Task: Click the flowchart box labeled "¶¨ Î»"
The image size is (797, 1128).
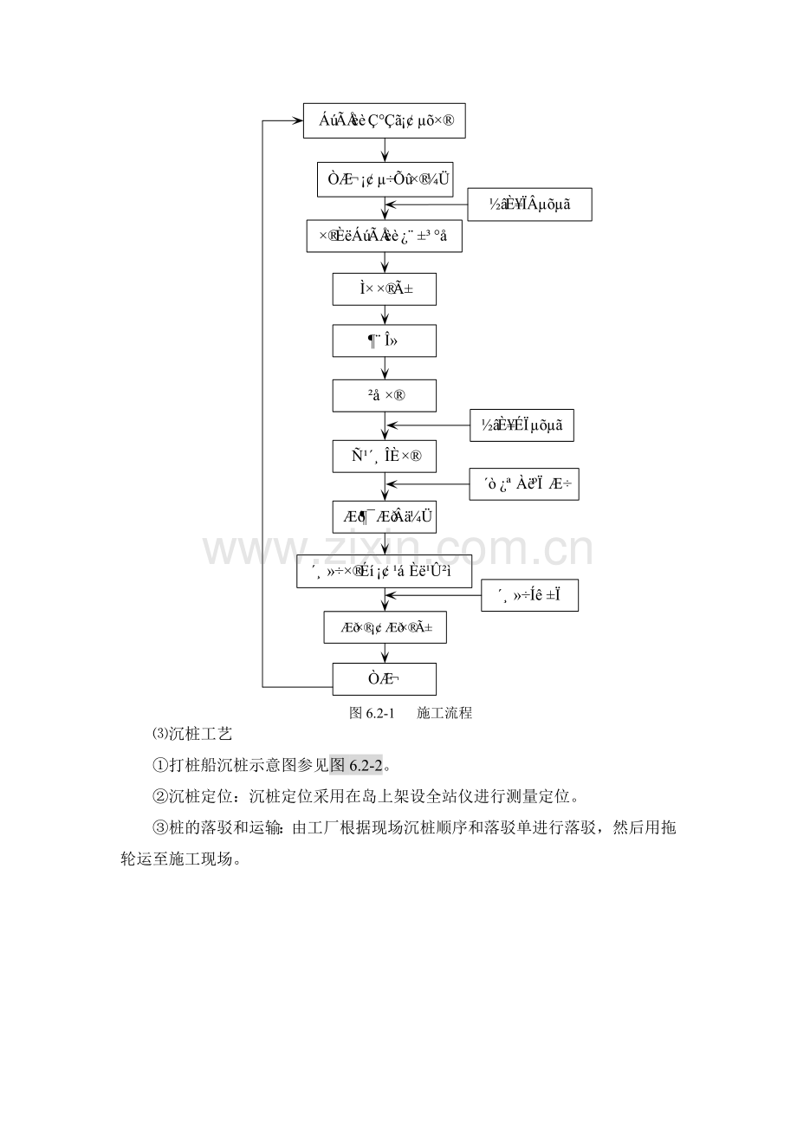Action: click(x=384, y=341)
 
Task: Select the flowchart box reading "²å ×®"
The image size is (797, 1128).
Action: click(x=384, y=396)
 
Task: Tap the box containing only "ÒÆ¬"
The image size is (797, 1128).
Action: click(x=384, y=678)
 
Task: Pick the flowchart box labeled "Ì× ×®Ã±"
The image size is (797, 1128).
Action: click(x=384, y=289)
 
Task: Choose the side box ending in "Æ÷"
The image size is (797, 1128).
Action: click(x=523, y=485)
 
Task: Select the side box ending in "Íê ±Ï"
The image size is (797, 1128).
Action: click(x=529, y=595)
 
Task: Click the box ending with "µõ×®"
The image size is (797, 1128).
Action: click(x=385, y=121)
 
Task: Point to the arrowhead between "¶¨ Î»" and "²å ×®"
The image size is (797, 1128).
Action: click(x=385, y=374)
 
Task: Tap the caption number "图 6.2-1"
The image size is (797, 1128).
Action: click(x=372, y=714)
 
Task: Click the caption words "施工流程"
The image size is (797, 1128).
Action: click(x=444, y=714)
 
